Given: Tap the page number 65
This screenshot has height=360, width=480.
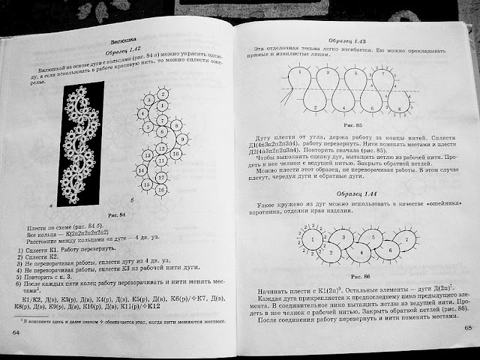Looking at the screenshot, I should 466,328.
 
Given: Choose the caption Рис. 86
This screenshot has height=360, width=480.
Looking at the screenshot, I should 343,268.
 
